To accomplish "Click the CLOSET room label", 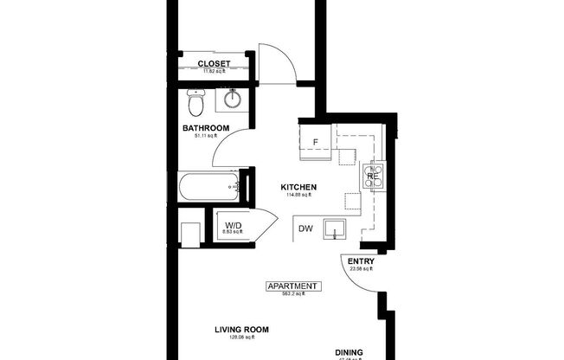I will pos(214,63).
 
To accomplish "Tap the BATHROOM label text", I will pos(205,128).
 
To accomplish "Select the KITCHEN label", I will pos(298,187).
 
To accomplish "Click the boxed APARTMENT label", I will pos(292,286).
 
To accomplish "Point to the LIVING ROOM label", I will pos(242,330).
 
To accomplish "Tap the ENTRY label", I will pos(360,261).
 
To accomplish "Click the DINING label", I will pos(349,352).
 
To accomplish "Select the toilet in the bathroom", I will pos(195,104).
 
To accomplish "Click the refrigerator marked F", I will pos(315,140).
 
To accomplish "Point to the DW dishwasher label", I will pos(305,228).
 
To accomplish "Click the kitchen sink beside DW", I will pos(336,230).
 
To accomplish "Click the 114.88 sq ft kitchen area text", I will pos(298,195).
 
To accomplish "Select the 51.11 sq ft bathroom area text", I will pos(205,136).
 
